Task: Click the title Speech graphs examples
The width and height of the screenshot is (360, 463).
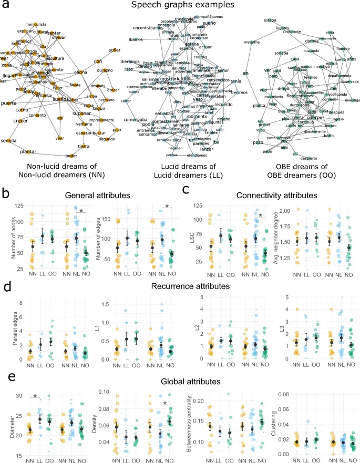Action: click(x=180, y=6)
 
